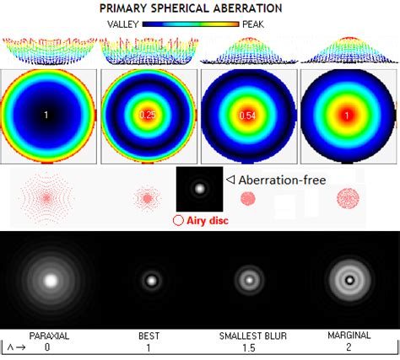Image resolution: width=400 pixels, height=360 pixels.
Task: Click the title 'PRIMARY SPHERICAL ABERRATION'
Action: coord(200,8)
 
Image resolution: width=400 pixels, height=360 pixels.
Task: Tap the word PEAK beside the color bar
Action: coord(252,24)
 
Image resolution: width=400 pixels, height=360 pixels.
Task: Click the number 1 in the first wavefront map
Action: coord(47,114)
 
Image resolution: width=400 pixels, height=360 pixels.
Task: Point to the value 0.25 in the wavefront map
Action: coord(148,115)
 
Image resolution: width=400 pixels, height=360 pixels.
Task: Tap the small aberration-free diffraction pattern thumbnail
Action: coord(200,188)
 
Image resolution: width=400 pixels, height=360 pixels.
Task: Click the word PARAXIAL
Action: coord(48,336)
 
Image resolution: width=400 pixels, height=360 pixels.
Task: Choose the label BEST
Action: coord(149,336)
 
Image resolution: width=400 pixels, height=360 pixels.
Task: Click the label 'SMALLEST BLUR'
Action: coord(247,336)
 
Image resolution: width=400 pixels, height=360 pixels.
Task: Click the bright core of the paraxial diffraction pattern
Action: coord(50,279)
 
